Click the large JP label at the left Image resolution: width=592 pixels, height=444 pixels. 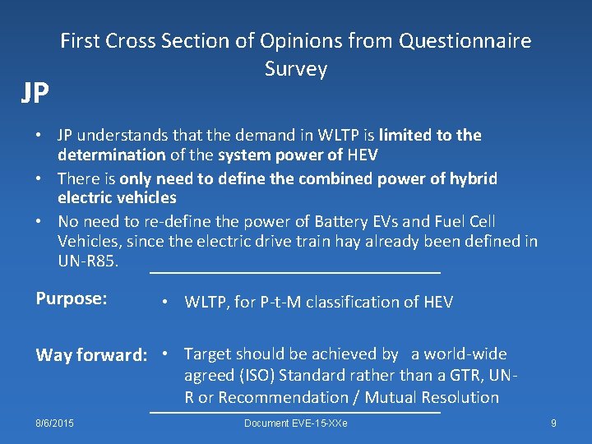click(x=35, y=94)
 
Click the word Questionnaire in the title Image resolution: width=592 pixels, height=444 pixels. click(x=465, y=40)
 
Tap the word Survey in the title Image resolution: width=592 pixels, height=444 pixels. click(x=296, y=69)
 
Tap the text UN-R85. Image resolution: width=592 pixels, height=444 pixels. click(x=88, y=261)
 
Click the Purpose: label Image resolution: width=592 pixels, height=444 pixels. click(x=72, y=298)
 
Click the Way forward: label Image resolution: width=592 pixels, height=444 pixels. click(x=91, y=355)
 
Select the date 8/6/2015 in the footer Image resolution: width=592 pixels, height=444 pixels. click(x=54, y=423)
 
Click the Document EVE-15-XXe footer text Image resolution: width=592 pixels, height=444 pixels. click(x=295, y=423)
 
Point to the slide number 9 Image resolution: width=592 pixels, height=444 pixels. click(x=553, y=423)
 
